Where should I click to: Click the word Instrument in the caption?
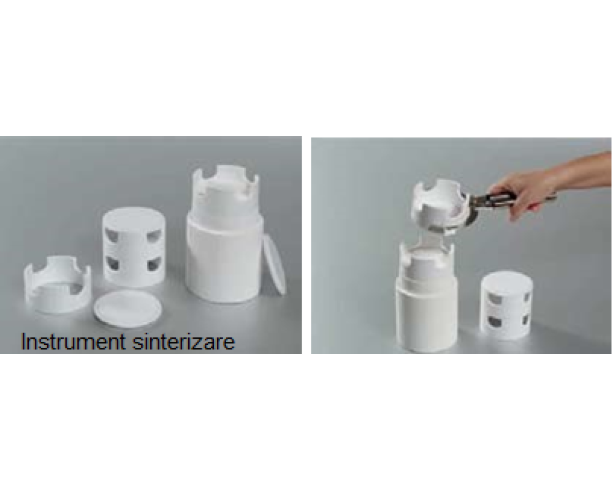point(73,341)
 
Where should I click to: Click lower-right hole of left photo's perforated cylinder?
point(154,265)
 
